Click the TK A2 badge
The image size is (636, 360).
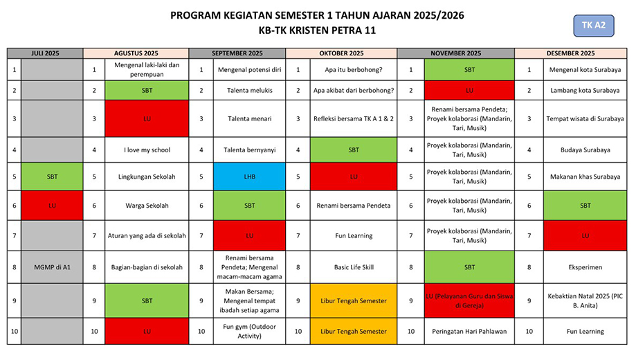pos(593,26)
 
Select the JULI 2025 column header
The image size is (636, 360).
pos(45,53)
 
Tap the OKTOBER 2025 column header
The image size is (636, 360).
pos(341,53)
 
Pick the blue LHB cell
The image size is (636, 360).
pos(250,177)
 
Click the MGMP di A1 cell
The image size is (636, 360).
pos(52,267)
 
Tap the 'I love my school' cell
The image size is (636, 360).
pos(147,150)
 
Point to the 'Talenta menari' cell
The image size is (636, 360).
pos(250,119)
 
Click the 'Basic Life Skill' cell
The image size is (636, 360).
pos(353,267)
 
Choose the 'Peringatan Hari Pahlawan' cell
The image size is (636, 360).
pos(466,332)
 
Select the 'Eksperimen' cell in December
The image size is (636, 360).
pos(585,267)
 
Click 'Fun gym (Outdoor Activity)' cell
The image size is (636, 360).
pos(250,332)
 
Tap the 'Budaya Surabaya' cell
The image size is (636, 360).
pos(585,150)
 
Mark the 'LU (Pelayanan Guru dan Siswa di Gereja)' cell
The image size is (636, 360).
pos(466,301)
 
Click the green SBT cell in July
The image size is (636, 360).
pos(52,177)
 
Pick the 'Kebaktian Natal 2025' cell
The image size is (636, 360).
pos(585,301)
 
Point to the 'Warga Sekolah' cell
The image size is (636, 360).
pos(147,206)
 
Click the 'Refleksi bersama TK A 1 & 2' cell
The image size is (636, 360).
pos(353,119)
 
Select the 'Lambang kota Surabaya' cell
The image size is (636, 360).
pos(585,91)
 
